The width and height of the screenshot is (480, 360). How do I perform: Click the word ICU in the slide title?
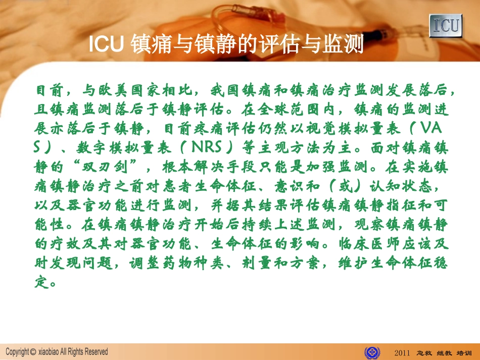click(x=106, y=44)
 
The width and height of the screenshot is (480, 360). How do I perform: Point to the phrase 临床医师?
click(x=371, y=243)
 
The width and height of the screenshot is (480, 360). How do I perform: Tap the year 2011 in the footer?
click(x=402, y=352)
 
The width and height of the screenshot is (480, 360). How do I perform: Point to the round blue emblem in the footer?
click(x=372, y=351)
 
